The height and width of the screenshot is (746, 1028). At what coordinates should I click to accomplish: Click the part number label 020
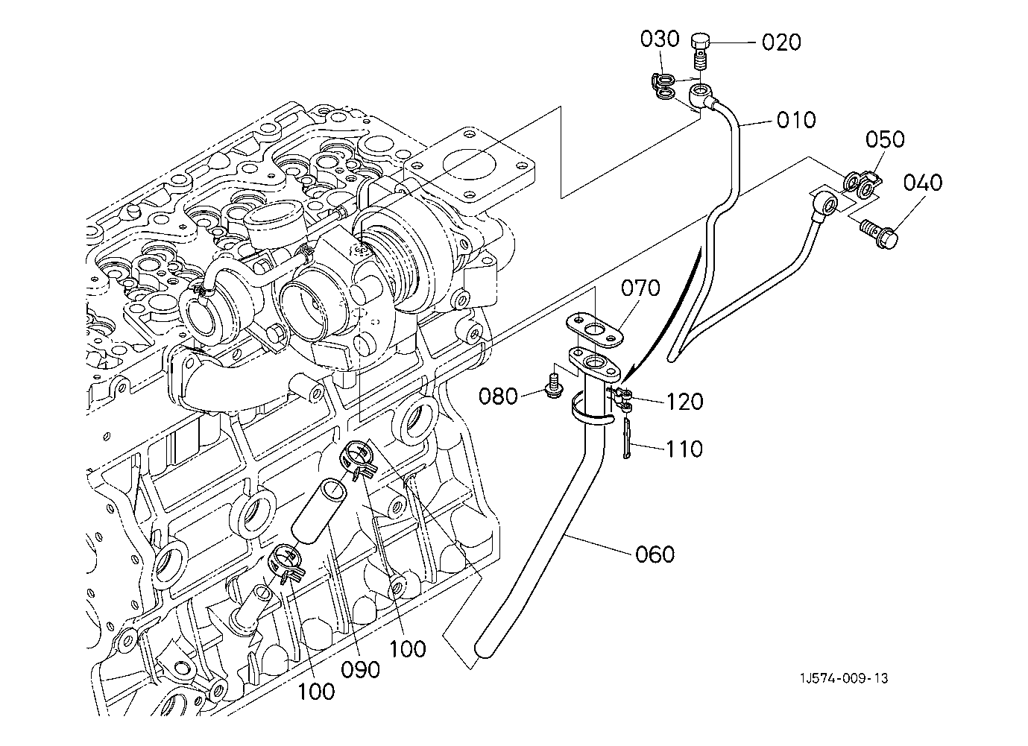(x=781, y=42)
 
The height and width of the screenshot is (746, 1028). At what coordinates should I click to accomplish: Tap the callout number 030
(x=660, y=39)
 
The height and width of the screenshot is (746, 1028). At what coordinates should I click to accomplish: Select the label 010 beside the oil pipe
(x=795, y=119)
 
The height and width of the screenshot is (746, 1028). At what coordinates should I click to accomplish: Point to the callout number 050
(x=885, y=139)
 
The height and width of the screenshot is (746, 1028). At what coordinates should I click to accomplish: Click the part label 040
(x=922, y=183)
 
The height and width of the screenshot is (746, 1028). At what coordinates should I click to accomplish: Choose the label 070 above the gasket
(x=640, y=287)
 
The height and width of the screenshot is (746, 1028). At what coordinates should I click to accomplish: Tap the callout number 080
(x=498, y=396)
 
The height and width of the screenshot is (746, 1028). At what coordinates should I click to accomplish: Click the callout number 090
(x=362, y=668)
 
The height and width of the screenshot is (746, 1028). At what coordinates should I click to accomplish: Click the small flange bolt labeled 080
(x=552, y=387)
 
